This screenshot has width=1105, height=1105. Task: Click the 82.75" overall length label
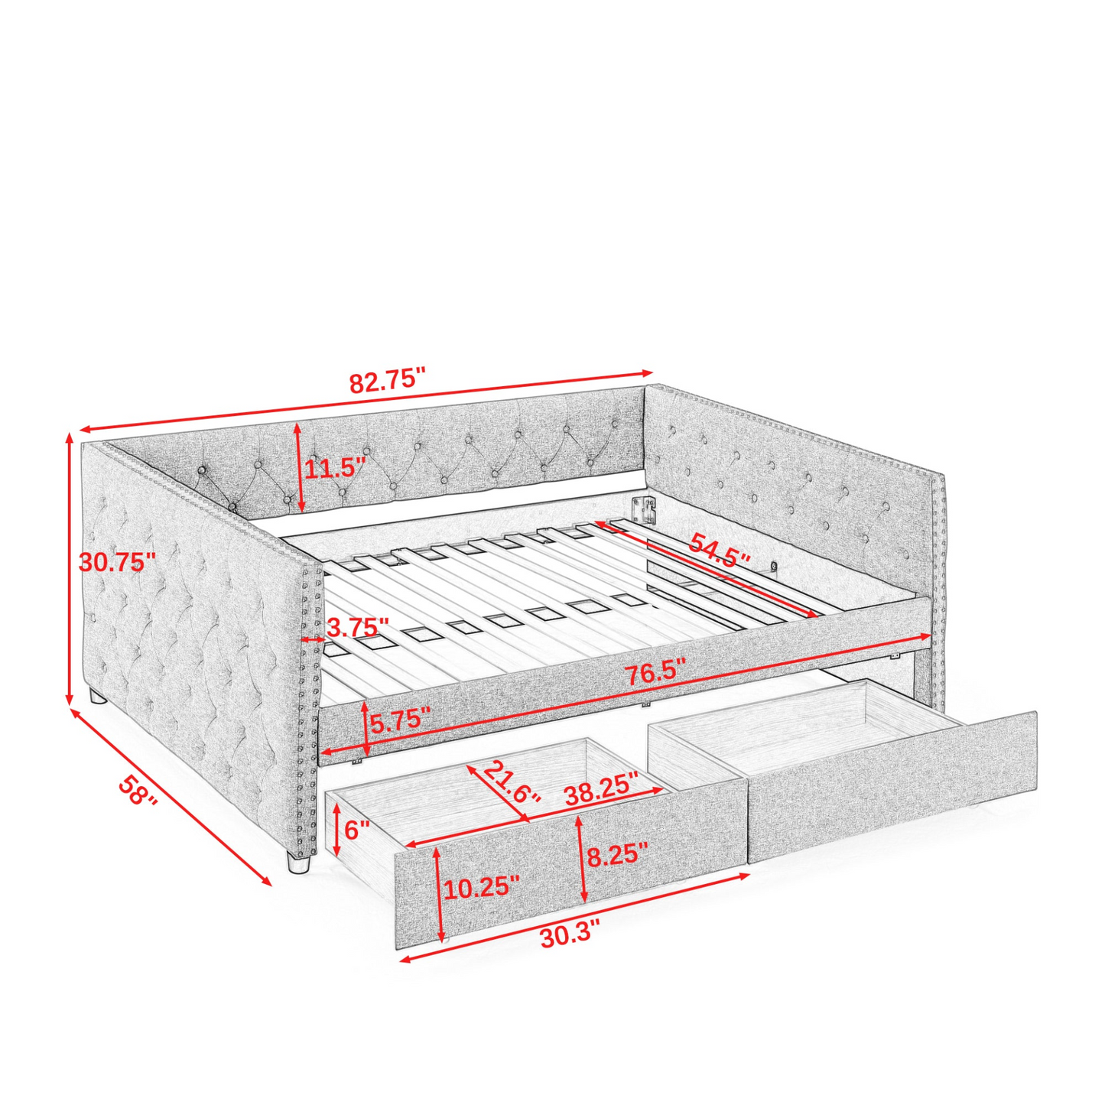(x=386, y=380)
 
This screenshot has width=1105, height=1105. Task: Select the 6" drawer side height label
(x=356, y=829)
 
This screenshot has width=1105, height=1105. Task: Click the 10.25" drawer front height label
(x=482, y=888)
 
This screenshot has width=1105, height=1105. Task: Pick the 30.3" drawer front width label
(x=570, y=938)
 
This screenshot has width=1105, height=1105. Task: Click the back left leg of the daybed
(x=96, y=697)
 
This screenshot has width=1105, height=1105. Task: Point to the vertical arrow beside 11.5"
(x=299, y=467)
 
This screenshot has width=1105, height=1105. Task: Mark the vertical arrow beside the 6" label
(x=336, y=829)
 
